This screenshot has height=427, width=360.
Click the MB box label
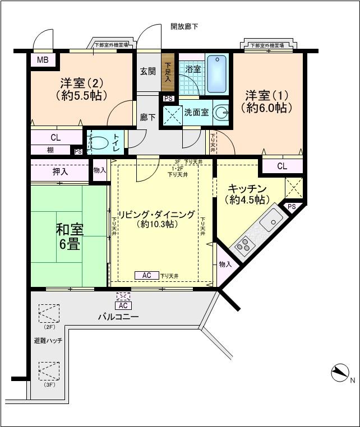click(42, 61)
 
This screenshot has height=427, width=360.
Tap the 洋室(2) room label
click(82, 89)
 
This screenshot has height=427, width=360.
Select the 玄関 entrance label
click(147, 71)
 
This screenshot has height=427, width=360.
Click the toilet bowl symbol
click(99, 142)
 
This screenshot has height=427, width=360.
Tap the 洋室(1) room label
click(266, 101)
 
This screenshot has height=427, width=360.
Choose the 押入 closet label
click(61, 171)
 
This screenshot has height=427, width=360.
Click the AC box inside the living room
click(146, 275)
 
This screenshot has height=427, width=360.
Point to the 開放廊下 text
click(184, 26)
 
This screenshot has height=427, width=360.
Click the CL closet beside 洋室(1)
click(282, 166)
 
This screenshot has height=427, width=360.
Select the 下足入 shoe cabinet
click(168, 71)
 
